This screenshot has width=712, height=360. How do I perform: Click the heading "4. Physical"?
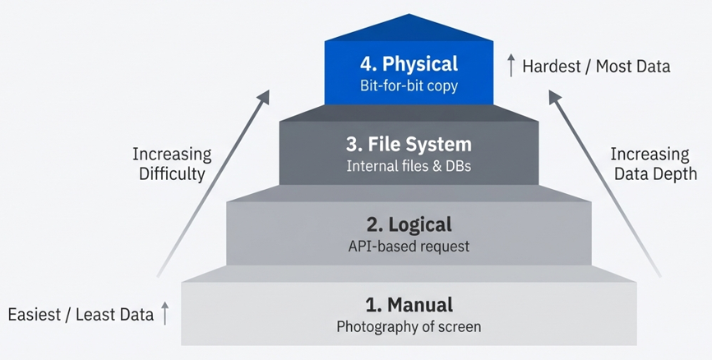pyautogui.click(x=409, y=64)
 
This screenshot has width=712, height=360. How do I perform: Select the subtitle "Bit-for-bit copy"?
pyautogui.click(x=409, y=85)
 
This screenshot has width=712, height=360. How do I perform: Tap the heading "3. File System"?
pyautogui.click(x=409, y=145)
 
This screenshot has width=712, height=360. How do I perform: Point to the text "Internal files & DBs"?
pyautogui.click(x=409, y=165)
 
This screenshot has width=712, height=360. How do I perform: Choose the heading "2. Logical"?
pyautogui.click(x=409, y=224)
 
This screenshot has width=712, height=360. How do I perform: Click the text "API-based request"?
pyautogui.click(x=409, y=245)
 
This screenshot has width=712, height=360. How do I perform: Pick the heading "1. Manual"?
pyautogui.click(x=409, y=305)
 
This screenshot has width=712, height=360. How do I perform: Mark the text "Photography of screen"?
pyautogui.click(x=409, y=326)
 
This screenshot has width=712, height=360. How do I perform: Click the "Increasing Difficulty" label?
pyautogui.click(x=172, y=164)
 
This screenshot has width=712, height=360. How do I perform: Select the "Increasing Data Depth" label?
pyautogui.click(x=654, y=164)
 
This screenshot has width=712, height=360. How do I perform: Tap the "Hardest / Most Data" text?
pyautogui.click(x=596, y=66)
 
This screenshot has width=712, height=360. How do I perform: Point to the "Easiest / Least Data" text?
pyautogui.click(x=81, y=314)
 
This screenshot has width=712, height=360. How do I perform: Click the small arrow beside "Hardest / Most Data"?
pyautogui.click(x=511, y=65)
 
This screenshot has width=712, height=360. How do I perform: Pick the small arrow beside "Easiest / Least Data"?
pyautogui.click(x=165, y=313)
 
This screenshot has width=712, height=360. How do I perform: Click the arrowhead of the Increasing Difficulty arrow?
pyautogui.click(x=263, y=98)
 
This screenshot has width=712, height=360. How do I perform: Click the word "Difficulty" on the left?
pyautogui.click(x=172, y=173)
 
